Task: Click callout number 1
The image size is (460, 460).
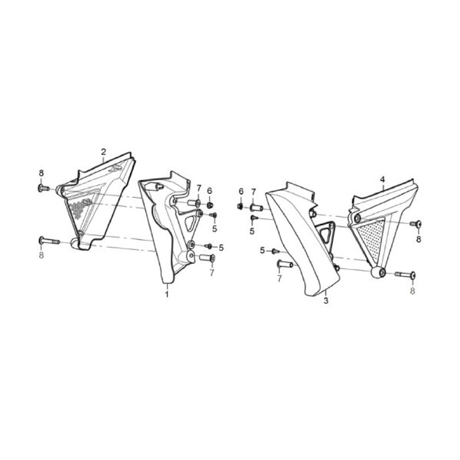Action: coord(167,294)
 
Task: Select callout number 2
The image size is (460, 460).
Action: coord(103,152)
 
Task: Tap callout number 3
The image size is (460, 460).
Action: coord(326,300)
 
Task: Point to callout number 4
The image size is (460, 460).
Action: coord(382,179)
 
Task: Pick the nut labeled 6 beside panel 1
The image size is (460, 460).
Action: coord(209,205)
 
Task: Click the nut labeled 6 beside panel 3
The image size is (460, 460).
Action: coord(240,206)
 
